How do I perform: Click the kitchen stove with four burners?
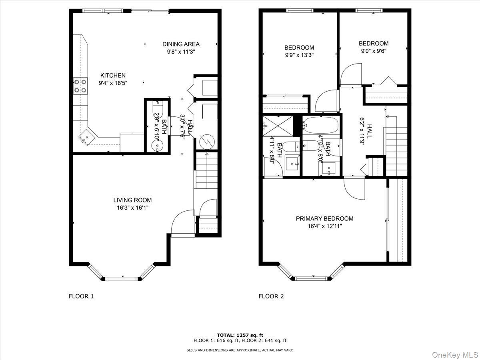pyautogui.click(x=80, y=86)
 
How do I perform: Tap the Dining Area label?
pyautogui.click(x=181, y=44)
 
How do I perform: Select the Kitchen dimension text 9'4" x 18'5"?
pyautogui.click(x=113, y=83)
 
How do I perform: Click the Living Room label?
pyautogui.click(x=132, y=200)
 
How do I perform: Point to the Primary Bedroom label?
pyautogui.click(x=324, y=218)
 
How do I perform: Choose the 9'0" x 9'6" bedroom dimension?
pyautogui.click(x=374, y=51)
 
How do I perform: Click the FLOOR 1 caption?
pyautogui.click(x=81, y=296)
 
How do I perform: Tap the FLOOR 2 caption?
pyautogui.click(x=271, y=296)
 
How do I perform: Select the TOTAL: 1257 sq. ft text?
pyautogui.click(x=240, y=335)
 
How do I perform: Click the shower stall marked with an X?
pyautogui.click(x=278, y=126)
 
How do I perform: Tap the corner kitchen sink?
pyautogui.click(x=87, y=137)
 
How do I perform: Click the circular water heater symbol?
pyautogui.click(x=207, y=142)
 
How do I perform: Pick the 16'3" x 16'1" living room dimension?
pyautogui.click(x=132, y=208)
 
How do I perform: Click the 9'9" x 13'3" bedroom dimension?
pyautogui.click(x=299, y=55)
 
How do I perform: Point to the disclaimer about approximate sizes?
pyautogui.click(x=240, y=350)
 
